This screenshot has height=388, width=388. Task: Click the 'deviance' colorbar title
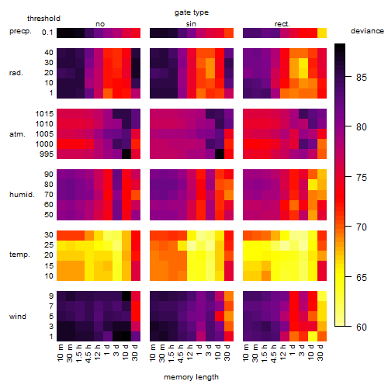(367, 31)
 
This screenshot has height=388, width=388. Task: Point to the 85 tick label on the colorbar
(362, 77)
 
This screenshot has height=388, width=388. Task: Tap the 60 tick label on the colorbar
(362, 327)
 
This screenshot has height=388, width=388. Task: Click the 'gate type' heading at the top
(192, 12)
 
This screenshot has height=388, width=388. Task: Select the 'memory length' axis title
(191, 377)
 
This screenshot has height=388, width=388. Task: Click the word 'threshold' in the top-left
(43, 19)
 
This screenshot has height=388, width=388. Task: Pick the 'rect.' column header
(282, 24)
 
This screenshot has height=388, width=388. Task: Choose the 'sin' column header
(191, 24)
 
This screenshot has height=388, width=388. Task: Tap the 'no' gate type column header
(100, 24)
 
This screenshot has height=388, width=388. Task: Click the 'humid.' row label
(22, 195)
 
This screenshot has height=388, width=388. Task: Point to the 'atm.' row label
(17, 134)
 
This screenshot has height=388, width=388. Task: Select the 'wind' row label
(18, 317)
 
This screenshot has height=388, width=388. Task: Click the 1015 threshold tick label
(44, 114)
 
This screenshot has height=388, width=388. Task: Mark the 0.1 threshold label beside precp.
(47, 33)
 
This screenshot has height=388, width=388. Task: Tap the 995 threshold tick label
(47, 154)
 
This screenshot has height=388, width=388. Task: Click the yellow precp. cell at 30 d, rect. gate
(322, 33)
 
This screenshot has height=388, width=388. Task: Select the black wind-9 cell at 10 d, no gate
(126, 296)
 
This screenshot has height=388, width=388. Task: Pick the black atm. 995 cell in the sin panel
(220, 154)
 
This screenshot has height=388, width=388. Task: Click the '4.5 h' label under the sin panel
(181, 353)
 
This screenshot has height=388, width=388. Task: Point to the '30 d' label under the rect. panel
(320, 352)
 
